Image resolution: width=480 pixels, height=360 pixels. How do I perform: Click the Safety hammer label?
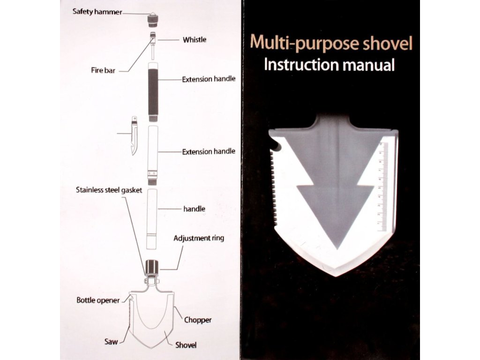pyautogui.click(x=97, y=11)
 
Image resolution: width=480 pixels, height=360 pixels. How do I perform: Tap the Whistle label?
pyautogui.click(x=194, y=40)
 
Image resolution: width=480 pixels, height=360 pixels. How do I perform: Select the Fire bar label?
pyautogui.click(x=103, y=71)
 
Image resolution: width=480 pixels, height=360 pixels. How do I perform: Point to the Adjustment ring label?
pyautogui.click(x=199, y=238)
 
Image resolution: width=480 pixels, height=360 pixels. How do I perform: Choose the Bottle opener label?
pyautogui.click(x=98, y=300)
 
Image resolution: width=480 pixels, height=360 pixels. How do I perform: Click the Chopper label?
pyautogui.click(x=197, y=320)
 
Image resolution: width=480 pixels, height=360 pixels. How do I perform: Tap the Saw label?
pyautogui.click(x=111, y=342)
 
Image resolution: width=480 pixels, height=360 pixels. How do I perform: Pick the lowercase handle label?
pyautogui.click(x=194, y=209)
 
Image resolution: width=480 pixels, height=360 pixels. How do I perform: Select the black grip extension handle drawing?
pyautogui.click(x=153, y=91)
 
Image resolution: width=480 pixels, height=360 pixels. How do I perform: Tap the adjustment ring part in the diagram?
pyautogui.click(x=152, y=268)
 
